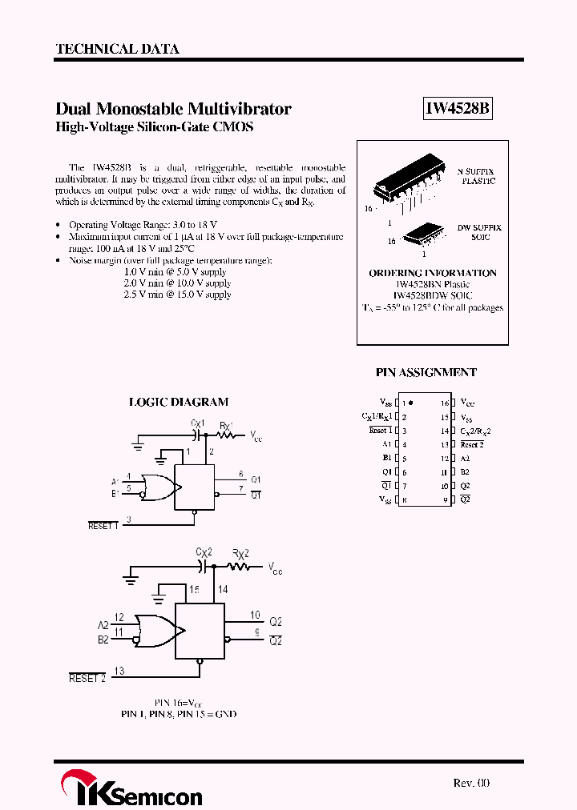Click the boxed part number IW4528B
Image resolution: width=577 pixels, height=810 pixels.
[x=457, y=110]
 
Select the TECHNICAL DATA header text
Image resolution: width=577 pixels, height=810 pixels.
[x=117, y=49]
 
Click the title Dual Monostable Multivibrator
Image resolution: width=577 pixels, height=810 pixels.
[x=173, y=109]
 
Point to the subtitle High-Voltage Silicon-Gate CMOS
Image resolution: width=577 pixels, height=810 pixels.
[x=154, y=127]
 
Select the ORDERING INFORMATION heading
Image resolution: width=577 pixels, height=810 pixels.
[x=433, y=273]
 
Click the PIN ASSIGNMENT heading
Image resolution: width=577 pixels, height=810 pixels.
[x=426, y=372]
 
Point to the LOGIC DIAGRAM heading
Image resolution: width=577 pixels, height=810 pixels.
[x=179, y=402]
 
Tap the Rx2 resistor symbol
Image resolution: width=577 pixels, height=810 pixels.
[x=239, y=566]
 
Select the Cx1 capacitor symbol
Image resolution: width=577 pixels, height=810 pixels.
[x=197, y=435]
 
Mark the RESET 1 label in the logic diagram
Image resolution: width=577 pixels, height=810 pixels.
[x=103, y=526]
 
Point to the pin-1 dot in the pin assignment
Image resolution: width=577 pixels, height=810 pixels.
[x=412, y=403]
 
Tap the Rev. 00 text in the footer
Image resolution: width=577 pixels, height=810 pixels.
[x=470, y=783]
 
